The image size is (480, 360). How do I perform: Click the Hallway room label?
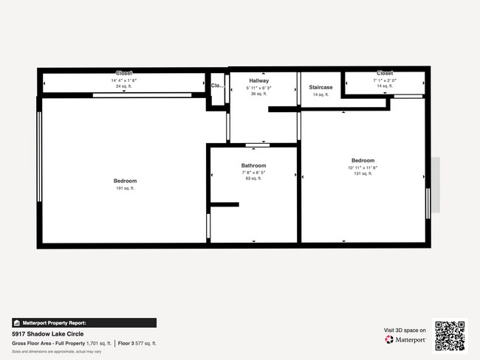tap(258, 80)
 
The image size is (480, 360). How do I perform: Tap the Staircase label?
tap(320, 87)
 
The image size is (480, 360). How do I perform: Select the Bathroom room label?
tap(253, 166)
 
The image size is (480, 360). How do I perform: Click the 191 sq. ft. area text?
tap(125, 188)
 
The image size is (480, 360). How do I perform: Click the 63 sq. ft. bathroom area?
tap(253, 179)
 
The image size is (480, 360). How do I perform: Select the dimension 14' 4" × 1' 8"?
tap(124, 80)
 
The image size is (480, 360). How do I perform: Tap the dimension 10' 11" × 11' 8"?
tap(363, 167)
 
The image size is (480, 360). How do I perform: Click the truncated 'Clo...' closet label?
tap(217, 86)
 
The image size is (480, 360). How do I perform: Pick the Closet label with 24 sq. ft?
tap(124, 73)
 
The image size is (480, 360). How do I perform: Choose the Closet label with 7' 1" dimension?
tap(385, 73)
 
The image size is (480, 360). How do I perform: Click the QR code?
tap(450, 335)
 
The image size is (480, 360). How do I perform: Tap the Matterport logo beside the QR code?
tap(405, 340)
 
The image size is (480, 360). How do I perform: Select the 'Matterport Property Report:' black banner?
tap(84, 322)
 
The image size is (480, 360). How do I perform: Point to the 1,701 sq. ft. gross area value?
tap(98, 344)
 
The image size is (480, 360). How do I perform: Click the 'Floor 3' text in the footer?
tap(126, 344)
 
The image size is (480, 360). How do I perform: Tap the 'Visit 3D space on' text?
tap(405, 330)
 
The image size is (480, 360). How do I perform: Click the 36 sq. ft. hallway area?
tap(258, 94)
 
